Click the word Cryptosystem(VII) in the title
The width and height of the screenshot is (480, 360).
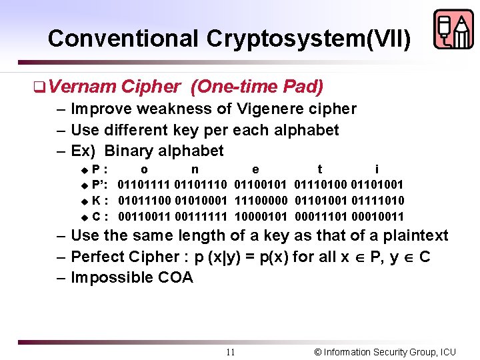(309, 38)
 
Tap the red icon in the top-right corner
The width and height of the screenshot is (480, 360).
(453, 29)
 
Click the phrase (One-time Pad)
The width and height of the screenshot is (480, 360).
(257, 87)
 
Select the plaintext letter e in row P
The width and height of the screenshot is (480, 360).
(256, 169)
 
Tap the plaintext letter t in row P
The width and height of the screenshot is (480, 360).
(320, 169)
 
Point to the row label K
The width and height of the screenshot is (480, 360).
(97, 200)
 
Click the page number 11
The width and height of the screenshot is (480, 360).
(230, 352)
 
